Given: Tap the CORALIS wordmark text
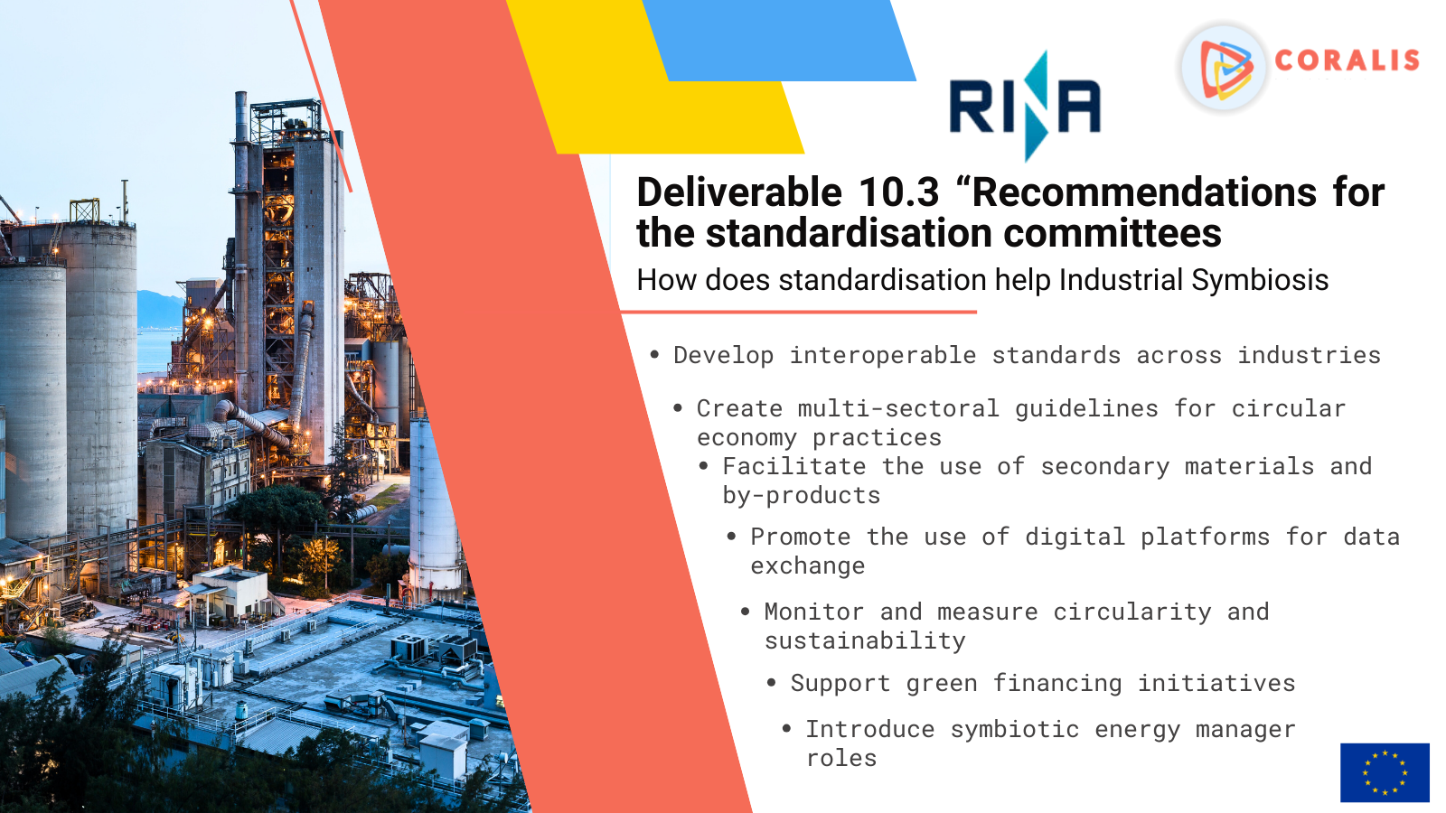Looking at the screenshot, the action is [x=1347, y=61].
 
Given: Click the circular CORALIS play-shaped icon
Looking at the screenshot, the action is [x=1224, y=68].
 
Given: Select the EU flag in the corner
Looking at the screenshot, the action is [x=1385, y=772].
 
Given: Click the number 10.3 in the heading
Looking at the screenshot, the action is [x=898, y=192].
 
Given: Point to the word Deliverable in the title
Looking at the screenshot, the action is [x=739, y=192].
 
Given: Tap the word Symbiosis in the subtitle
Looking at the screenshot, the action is [x=1260, y=281].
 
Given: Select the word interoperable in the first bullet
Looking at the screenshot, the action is [x=883, y=356].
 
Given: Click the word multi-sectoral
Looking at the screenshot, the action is [x=898, y=409].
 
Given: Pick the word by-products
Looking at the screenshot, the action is [x=801, y=496].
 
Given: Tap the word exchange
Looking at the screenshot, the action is [x=808, y=566].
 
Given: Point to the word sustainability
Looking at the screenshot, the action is [x=865, y=640].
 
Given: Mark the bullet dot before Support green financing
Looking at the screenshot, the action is [x=772, y=683].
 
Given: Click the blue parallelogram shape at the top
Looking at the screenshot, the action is [x=779, y=40].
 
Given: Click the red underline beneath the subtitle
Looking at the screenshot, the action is [x=799, y=313].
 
